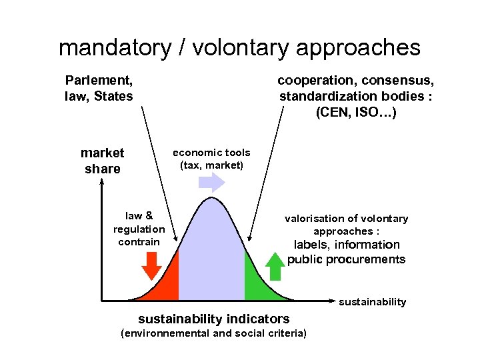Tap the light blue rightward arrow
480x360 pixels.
[213, 181]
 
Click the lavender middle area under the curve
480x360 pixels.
[211, 253]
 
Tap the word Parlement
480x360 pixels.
[99, 81]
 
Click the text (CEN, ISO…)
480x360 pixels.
[356, 113]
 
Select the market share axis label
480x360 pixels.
[102, 161]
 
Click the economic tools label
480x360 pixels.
[211, 153]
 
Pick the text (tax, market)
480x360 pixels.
[211, 165]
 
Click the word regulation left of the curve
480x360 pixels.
[139, 229]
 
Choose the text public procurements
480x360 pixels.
[346, 259]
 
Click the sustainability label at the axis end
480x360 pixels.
[372, 302]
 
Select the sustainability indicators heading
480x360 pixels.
[213, 319]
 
